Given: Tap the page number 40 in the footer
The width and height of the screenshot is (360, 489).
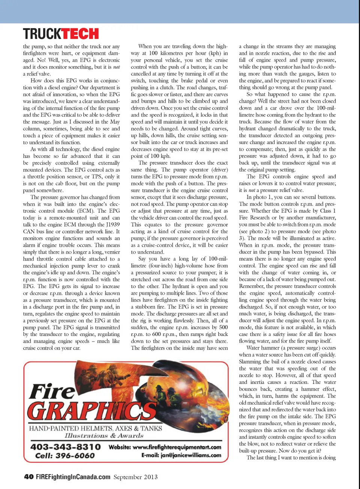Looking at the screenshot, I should click(28, 477).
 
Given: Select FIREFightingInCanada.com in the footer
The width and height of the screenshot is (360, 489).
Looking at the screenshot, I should click(73, 477).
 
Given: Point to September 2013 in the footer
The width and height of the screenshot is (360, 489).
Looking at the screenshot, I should click(135, 477).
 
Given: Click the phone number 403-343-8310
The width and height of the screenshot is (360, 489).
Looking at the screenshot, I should click(66, 447).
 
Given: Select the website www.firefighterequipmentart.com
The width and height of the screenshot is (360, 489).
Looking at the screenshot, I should click(177, 447).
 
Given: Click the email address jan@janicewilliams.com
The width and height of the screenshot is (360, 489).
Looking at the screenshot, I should click(191, 455).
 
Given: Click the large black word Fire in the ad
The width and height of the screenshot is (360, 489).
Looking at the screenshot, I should click(52, 391).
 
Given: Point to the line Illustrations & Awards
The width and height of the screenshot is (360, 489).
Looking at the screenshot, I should click(104, 436).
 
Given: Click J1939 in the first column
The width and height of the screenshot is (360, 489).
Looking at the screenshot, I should click(113, 225).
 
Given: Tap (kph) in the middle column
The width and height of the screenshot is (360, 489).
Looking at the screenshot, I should click(215, 53).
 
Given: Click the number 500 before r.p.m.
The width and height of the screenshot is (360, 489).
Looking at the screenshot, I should click(223, 327).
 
